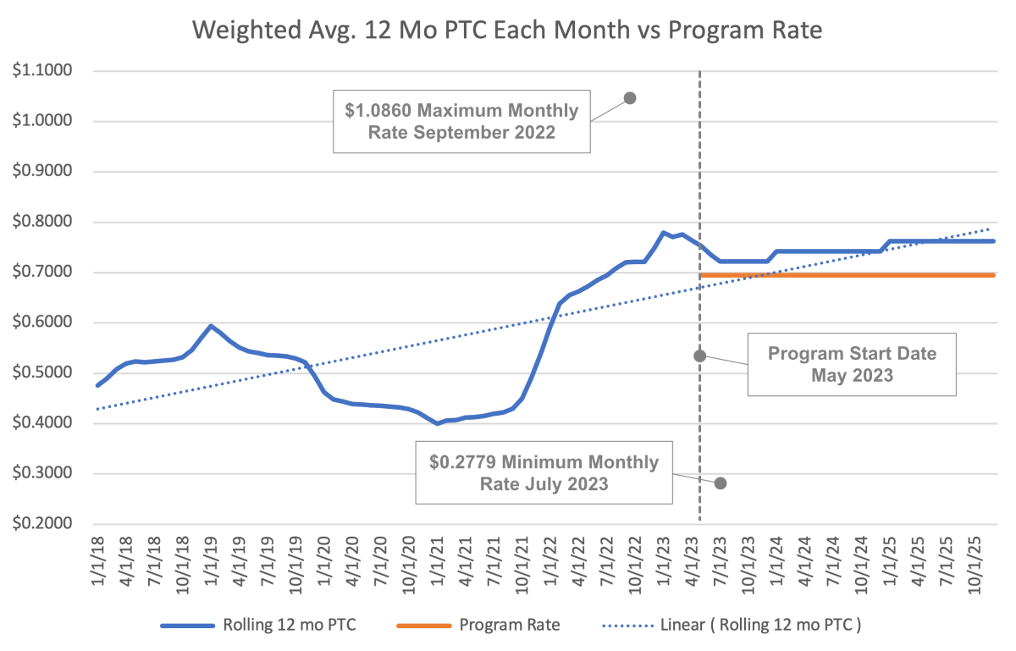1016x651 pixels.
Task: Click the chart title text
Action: (508, 30)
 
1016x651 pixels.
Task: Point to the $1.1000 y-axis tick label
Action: (42, 71)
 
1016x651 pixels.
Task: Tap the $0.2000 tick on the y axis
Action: (42, 524)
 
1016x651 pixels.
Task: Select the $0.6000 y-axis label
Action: (42, 323)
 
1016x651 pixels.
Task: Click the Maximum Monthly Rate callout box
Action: (461, 121)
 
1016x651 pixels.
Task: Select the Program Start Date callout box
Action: (852, 364)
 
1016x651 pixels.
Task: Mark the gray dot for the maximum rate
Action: (629, 98)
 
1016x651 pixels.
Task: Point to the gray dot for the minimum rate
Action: (721, 483)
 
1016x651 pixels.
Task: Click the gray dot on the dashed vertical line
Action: (699, 356)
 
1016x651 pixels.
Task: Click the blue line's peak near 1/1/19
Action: (211, 326)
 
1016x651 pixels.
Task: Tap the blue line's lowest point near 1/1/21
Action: (437, 423)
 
